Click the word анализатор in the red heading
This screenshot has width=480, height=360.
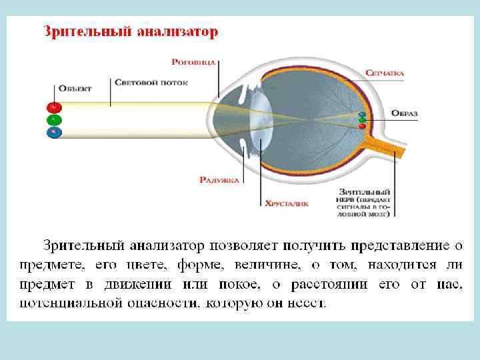pos(177,31)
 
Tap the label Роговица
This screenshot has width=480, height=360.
pos(193,61)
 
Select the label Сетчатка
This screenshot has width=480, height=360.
pos(385,73)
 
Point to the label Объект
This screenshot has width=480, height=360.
pos(75,88)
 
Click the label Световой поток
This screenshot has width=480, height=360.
pos(151,83)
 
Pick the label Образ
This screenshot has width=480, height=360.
pos(404,114)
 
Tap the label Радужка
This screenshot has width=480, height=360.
pos(218,179)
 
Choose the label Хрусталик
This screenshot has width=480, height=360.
pos(287,204)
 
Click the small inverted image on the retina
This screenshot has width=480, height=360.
pos(362,120)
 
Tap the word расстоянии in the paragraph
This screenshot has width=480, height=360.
pos(333,285)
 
